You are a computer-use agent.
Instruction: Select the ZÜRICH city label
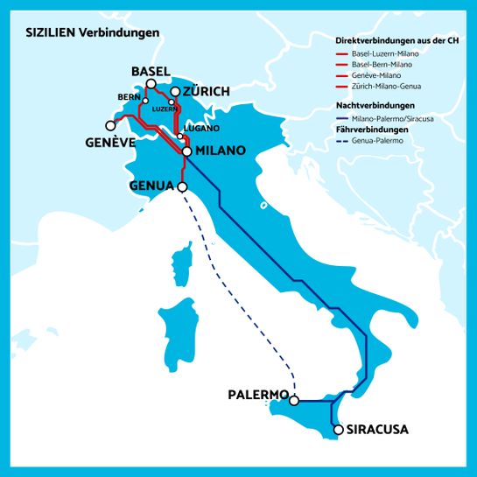coord(206,91)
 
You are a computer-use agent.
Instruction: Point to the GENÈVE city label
coord(109,142)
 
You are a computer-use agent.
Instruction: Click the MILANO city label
coord(220,151)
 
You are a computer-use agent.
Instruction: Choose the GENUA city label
coord(151,186)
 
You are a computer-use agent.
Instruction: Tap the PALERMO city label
coord(257,395)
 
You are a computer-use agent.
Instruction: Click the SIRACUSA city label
coord(377,430)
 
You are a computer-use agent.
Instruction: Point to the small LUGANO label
coord(196,128)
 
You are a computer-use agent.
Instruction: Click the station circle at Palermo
coord(294,401)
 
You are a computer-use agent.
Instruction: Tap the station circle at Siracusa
coord(338,430)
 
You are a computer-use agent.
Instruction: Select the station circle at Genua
coord(182,186)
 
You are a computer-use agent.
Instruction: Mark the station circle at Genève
coord(110,125)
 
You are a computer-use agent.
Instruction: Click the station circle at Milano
coord(186,151)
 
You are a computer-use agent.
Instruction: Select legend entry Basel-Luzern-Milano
coord(381,53)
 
